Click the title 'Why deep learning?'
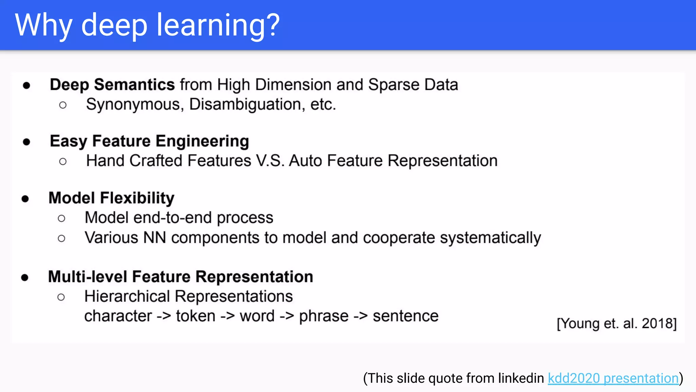pyautogui.click(x=147, y=25)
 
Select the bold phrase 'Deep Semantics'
pyautogui.click(x=112, y=85)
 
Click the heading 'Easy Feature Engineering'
pyautogui.click(x=149, y=141)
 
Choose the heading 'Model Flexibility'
pyautogui.click(x=111, y=198)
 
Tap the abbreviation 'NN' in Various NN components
pyautogui.click(x=155, y=238)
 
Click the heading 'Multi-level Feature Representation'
pyautogui.click(x=180, y=277)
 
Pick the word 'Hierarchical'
pyautogui.click(x=127, y=296)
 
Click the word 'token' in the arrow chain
pyautogui.click(x=196, y=316)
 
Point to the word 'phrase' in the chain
pyautogui.click(x=324, y=316)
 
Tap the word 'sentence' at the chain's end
pyautogui.click(x=405, y=316)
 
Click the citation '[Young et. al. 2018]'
pyautogui.click(x=616, y=323)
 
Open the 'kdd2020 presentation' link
pyautogui.click(x=613, y=378)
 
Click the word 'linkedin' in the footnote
pyautogui.click(x=521, y=378)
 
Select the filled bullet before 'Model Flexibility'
pyautogui.click(x=25, y=199)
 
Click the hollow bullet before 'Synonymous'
pyautogui.click(x=63, y=105)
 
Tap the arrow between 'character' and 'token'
pyautogui.click(x=164, y=316)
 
